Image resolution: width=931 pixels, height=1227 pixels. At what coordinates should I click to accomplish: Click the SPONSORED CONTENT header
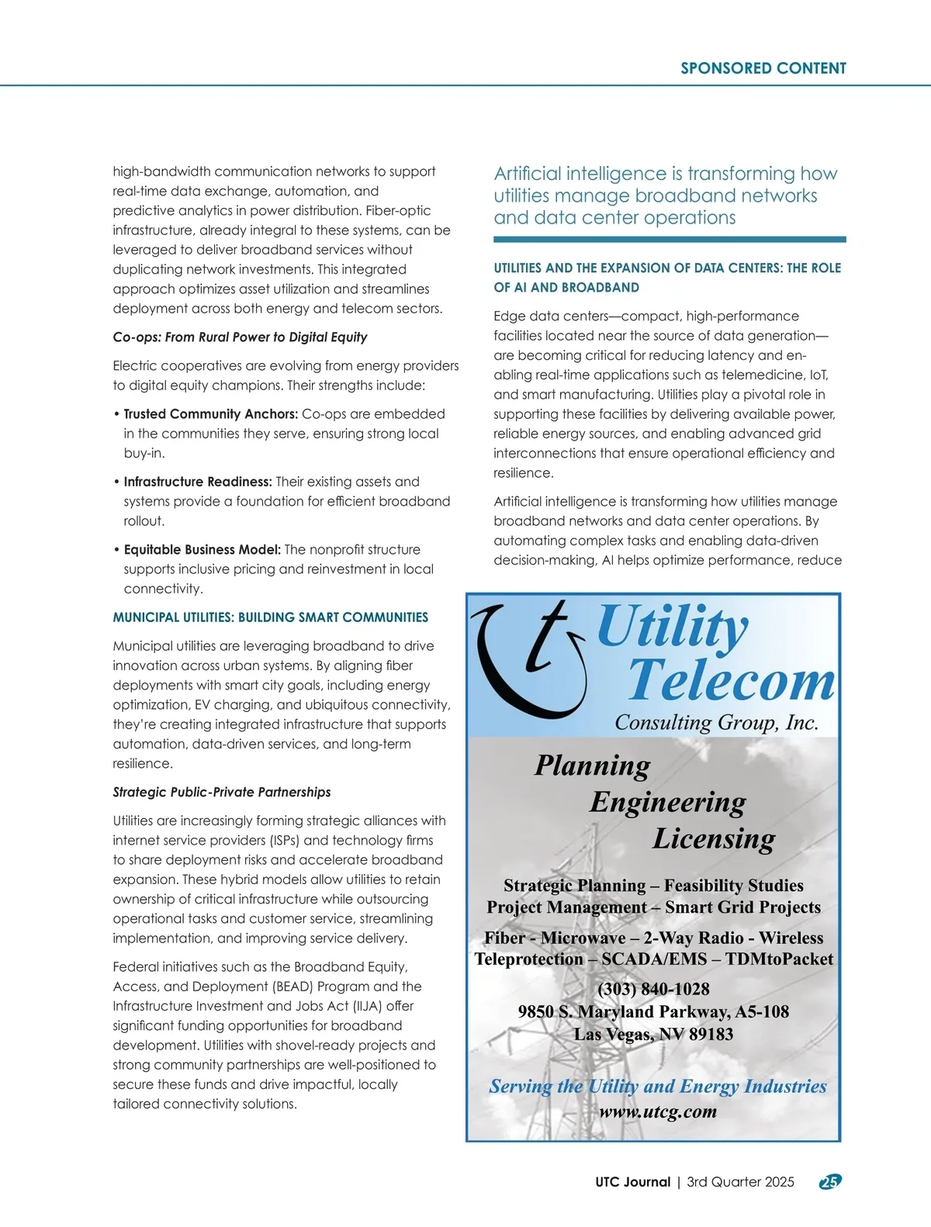click(763, 68)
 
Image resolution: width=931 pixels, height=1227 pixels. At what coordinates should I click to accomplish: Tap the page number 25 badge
click(830, 1181)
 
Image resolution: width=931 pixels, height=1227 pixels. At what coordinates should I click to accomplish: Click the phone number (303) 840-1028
click(653, 989)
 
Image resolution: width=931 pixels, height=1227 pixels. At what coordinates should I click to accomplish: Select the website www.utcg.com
click(658, 1111)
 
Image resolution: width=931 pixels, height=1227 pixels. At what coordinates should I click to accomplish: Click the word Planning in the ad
click(592, 766)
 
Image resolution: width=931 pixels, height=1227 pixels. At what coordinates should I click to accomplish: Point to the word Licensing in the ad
click(714, 838)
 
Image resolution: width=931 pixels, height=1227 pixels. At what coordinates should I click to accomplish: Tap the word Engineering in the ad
click(667, 802)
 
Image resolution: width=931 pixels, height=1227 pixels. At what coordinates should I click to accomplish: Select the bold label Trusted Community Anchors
click(210, 414)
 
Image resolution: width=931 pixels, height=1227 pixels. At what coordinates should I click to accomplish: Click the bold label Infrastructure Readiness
click(198, 482)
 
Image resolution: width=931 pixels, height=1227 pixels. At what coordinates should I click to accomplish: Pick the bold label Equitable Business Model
click(202, 549)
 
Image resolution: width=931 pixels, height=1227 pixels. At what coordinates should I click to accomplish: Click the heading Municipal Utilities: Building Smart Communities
click(270, 617)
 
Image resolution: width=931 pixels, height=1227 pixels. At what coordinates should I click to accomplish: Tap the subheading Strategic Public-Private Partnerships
click(221, 792)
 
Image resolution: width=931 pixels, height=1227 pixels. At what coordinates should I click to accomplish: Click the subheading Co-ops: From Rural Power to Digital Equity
click(240, 337)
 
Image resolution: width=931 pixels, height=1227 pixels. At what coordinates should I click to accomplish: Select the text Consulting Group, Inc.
click(716, 723)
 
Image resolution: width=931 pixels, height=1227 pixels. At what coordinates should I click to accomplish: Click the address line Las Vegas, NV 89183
click(653, 1034)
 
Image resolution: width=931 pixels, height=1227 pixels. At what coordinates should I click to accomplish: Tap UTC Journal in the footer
click(632, 1182)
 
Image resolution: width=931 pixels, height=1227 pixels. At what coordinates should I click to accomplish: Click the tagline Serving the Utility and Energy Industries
click(657, 1087)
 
